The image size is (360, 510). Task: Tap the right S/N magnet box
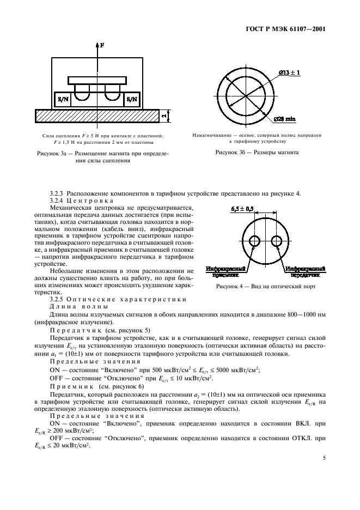point(132,99)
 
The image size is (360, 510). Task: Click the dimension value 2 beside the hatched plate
point(163,116)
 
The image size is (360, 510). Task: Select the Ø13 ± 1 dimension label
point(290,72)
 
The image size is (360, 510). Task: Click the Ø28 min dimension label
point(287,119)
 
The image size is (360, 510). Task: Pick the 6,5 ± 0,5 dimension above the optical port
point(243,209)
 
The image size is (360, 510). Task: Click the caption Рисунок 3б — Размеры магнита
point(258,153)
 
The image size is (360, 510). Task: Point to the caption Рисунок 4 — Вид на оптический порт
point(265,286)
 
